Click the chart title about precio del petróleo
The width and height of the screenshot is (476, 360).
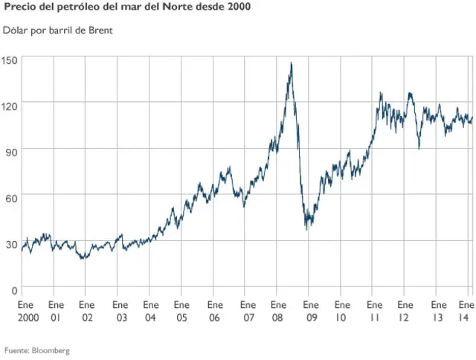127,8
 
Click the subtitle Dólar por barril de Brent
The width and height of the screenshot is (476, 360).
57,31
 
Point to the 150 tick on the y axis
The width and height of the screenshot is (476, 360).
10,60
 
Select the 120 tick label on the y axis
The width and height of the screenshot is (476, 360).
10,106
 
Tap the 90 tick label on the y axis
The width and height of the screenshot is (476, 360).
12,152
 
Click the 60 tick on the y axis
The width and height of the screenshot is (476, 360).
12,197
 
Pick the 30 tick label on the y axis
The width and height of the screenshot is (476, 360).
12,243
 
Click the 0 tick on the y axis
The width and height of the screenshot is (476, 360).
15,289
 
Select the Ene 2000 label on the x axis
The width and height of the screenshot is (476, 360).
25,311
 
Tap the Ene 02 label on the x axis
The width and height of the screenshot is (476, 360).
87,311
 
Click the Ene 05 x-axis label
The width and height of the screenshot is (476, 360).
181,311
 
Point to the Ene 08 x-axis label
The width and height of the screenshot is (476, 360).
278,311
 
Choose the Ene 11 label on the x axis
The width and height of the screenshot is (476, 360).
373,311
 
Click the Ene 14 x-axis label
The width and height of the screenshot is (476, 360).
466,311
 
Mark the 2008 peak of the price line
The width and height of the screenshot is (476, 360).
291,63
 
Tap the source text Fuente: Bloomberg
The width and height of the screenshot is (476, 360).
37,350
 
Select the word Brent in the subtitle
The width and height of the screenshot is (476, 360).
100,31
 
